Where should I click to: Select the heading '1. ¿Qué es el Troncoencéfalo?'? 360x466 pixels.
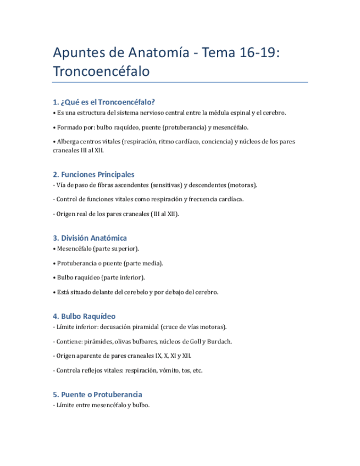point(104,102)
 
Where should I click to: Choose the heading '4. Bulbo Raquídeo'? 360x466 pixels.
point(84,317)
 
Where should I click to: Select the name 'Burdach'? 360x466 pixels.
point(219,341)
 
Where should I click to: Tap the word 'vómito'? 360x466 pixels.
point(161,370)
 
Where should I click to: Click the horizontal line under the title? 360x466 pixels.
point(180,82)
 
